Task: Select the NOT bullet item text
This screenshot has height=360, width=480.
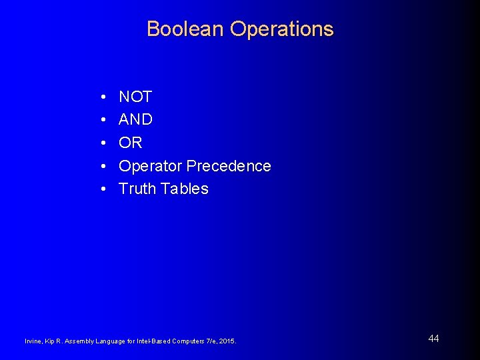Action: coord(135,97)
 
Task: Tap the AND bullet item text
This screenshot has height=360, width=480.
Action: coord(136,120)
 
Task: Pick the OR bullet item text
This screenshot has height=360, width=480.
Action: coord(131,143)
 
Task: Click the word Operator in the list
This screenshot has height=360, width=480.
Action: coord(151,166)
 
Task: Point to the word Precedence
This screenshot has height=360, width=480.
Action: coord(229,166)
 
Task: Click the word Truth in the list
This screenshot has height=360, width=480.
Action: coord(137,189)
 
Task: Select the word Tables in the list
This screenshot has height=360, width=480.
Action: coord(184,189)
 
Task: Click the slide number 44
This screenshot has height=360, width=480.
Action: coord(433,339)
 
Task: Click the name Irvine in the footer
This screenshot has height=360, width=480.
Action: coord(33,341)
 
